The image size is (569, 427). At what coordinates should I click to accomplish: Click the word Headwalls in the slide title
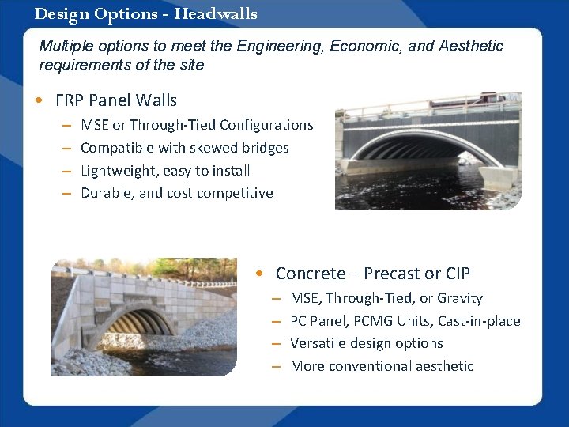pyautogui.click(x=216, y=14)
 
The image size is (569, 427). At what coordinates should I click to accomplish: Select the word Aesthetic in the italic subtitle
pyautogui.click(x=468, y=47)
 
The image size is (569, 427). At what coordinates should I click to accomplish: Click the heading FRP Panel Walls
pyautogui.click(x=116, y=100)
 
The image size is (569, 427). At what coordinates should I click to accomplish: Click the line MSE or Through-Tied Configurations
pyautogui.click(x=197, y=125)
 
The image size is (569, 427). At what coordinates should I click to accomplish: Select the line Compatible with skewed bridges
pyautogui.click(x=185, y=148)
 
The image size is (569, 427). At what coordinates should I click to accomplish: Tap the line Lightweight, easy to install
pyautogui.click(x=165, y=171)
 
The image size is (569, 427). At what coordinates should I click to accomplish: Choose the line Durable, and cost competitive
pyautogui.click(x=177, y=193)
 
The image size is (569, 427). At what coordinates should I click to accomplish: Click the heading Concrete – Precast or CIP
pyautogui.click(x=372, y=274)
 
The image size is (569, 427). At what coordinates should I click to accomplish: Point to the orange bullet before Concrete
pyautogui.click(x=259, y=274)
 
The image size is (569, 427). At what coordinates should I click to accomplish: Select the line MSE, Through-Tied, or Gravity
pyautogui.click(x=386, y=298)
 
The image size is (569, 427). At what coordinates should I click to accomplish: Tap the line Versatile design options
pyautogui.click(x=367, y=343)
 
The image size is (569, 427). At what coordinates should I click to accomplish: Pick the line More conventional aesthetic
pyautogui.click(x=382, y=366)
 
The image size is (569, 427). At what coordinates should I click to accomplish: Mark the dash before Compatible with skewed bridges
pyautogui.click(x=67, y=148)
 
